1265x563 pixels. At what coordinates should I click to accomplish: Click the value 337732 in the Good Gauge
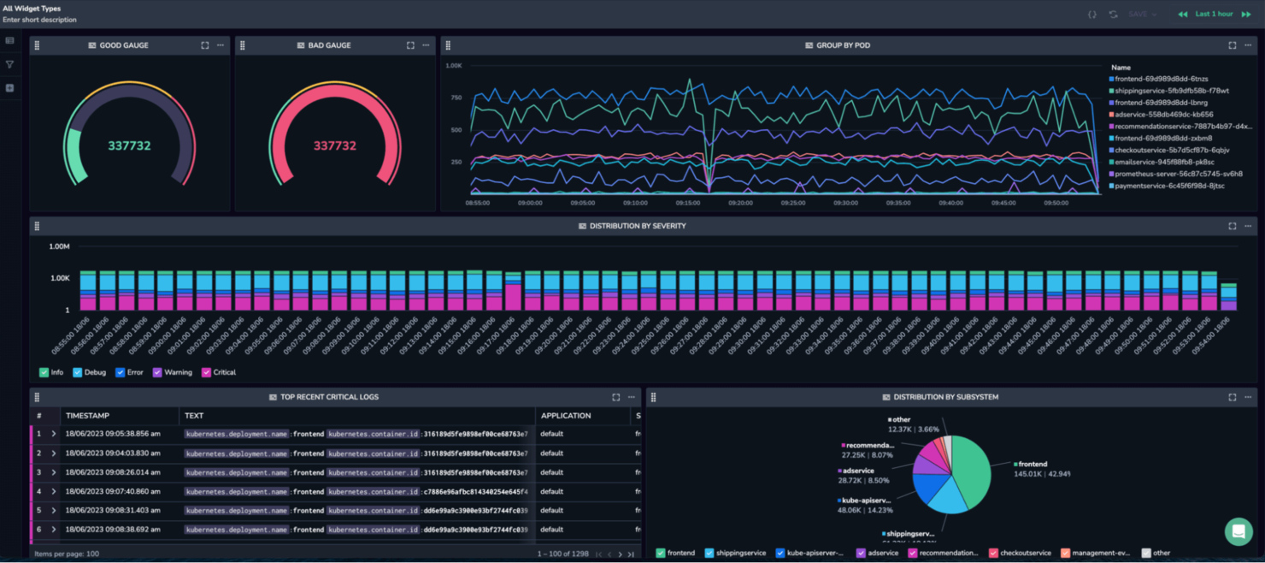point(129,146)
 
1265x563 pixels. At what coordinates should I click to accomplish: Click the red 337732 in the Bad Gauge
point(334,146)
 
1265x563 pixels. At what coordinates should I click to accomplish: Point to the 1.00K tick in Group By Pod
point(453,66)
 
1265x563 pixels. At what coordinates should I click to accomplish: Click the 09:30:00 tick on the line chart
point(845,204)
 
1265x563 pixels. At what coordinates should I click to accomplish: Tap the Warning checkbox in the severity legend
point(157,373)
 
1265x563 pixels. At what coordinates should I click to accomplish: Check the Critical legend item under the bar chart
point(207,373)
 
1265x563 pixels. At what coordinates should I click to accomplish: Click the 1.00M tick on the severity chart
point(59,247)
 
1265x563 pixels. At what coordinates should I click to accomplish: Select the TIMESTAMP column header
point(87,416)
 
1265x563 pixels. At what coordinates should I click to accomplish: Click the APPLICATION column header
point(566,416)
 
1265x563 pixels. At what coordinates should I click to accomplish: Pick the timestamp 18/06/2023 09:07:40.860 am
point(113,492)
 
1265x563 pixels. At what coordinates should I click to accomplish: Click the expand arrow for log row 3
point(54,472)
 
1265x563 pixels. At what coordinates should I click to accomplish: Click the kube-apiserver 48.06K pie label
point(865,505)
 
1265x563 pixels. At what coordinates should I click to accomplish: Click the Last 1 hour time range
point(1214,15)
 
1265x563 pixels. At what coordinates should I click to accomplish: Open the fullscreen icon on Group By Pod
point(1232,45)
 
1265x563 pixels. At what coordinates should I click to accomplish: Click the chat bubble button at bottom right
point(1238,531)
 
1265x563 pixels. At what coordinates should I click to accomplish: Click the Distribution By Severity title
point(637,227)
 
